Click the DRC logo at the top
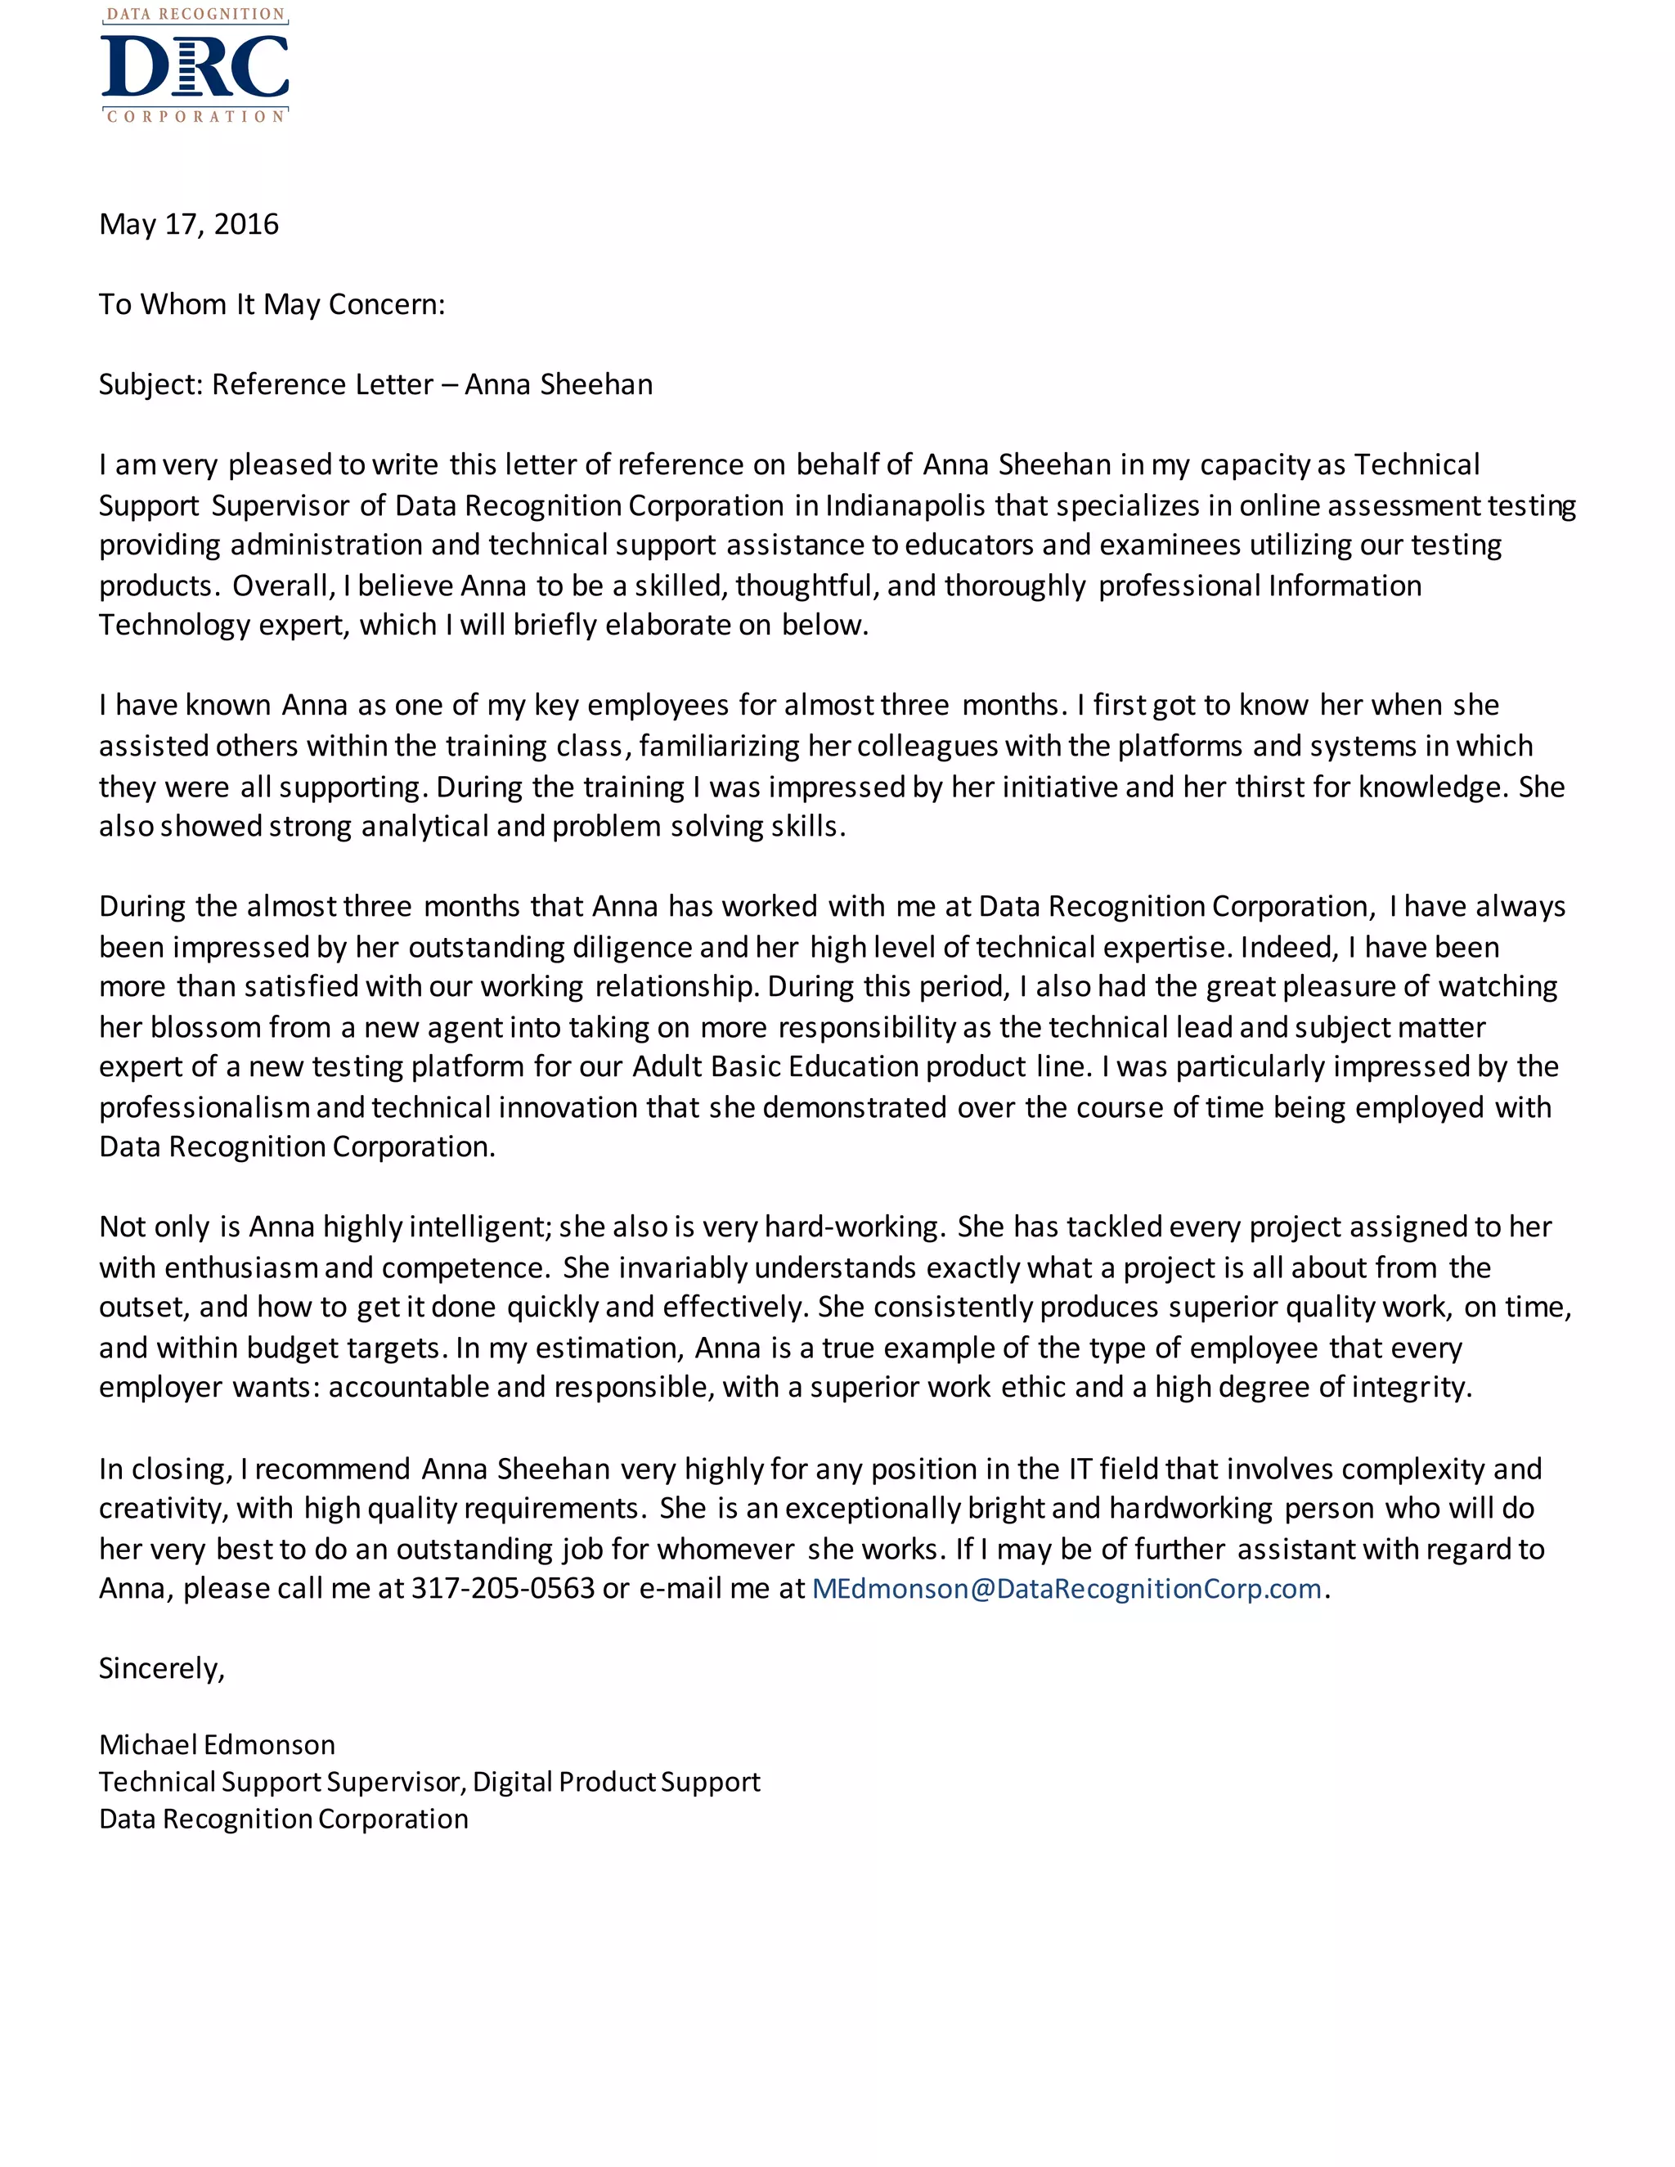point(195,65)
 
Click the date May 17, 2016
point(189,224)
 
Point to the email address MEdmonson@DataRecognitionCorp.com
point(1066,1589)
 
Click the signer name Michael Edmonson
point(216,1744)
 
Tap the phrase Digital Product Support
point(615,1782)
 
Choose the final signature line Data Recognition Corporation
point(283,1819)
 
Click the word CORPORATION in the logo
point(195,117)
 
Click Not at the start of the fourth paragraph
point(121,1227)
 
